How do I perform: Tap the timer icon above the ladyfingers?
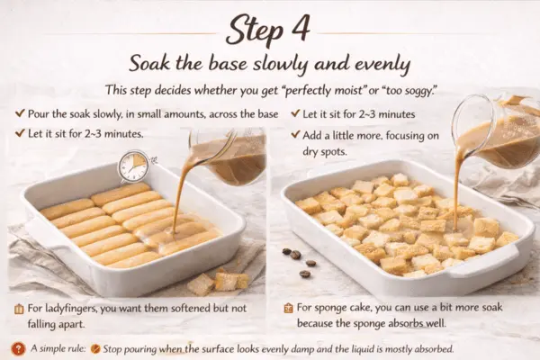(x=133, y=166)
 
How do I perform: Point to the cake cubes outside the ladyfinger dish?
(x=217, y=282)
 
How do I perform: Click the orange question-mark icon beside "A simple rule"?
(x=19, y=347)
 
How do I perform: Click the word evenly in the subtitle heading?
(x=373, y=65)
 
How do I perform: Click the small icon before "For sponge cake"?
(x=288, y=308)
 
